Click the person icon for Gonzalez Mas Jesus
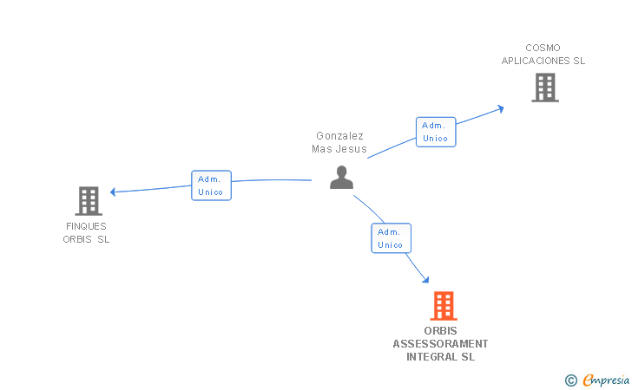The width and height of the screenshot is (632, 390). tap(342, 178)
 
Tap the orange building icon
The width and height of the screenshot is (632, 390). tap(444, 306)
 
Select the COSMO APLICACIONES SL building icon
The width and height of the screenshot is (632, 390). tap(544, 88)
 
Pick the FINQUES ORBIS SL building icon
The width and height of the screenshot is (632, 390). tap(88, 201)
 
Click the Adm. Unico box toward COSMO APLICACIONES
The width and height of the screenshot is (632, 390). tap(435, 132)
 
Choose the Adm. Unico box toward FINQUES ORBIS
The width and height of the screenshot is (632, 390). tap(211, 185)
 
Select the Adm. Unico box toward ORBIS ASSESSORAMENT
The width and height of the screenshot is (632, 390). tap(391, 238)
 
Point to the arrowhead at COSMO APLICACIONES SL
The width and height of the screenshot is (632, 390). tap(500, 108)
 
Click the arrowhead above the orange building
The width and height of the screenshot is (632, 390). tap(425, 278)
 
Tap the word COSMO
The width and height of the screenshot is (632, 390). tap(543, 48)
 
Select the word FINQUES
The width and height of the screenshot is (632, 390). tap(86, 226)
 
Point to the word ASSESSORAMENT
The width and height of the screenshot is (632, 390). tap(440, 344)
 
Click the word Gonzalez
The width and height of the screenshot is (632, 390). tap(339, 136)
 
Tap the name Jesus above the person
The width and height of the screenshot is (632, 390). tap(352, 149)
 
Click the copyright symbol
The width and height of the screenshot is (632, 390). tap(570, 380)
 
